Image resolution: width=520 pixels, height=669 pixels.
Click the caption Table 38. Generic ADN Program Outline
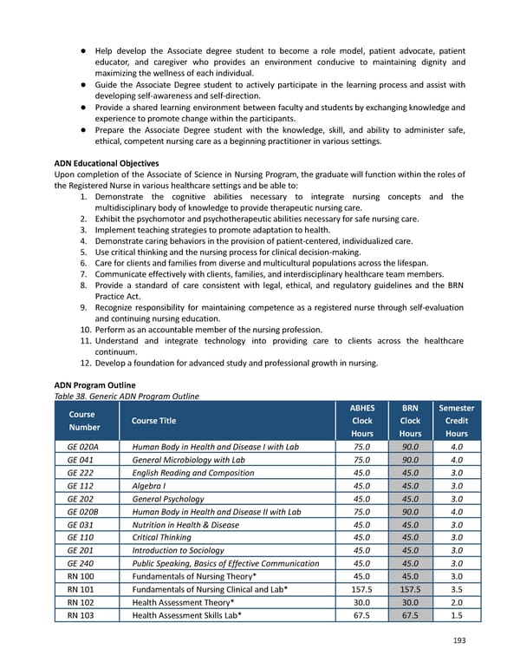pyautogui.click(x=127, y=397)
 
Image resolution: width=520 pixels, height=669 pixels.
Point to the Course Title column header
pyautogui.click(x=153, y=421)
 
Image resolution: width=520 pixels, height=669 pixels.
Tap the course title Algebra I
pyautogui.click(x=153, y=486)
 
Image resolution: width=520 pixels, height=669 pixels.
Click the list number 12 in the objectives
pyautogui.click(x=83, y=364)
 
